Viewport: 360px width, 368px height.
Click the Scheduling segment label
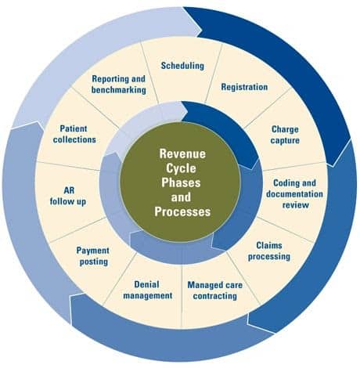coord(182,66)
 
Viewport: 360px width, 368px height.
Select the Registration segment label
coord(244,87)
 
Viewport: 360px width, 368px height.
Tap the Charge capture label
coord(285,135)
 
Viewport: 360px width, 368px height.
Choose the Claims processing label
coord(269,251)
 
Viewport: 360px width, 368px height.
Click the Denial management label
coord(148,290)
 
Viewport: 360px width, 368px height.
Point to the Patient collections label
coord(78,134)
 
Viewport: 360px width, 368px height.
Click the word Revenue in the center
coord(182,154)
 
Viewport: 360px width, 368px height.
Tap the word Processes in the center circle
coord(182,211)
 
